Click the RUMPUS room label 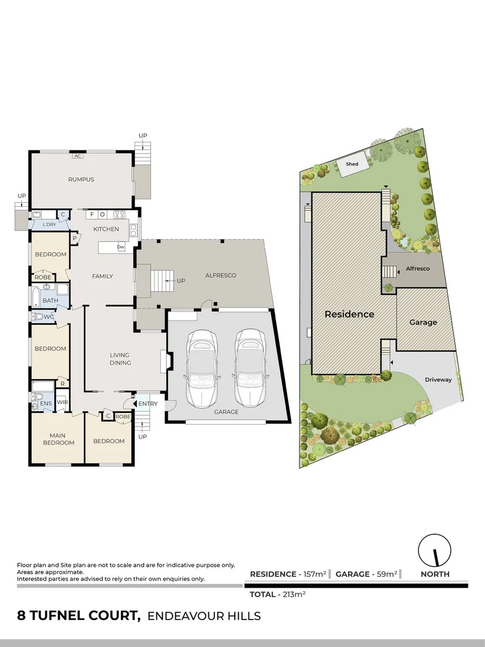81,179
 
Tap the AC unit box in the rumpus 77,156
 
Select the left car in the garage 202,359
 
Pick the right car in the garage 248,359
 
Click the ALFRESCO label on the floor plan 220,276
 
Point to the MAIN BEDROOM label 58,439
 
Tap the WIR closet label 62,402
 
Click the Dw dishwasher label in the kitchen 120,247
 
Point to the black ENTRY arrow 134,404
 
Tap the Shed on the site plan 352,165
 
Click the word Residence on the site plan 349,314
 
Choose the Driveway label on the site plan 438,380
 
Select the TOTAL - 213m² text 278,594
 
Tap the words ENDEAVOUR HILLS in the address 204,616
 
